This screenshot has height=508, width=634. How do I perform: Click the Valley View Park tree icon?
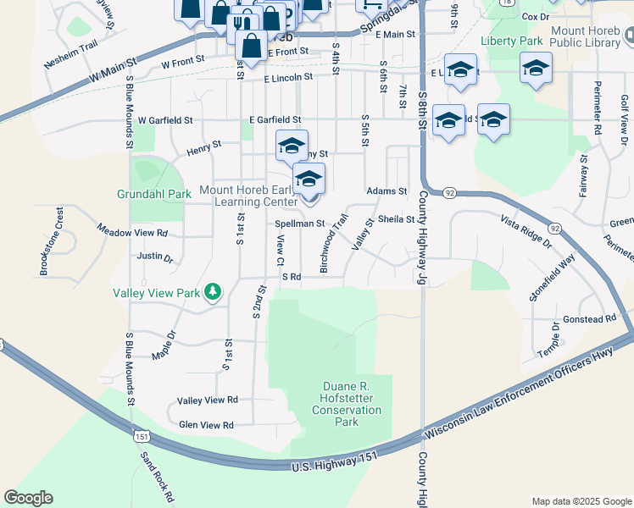click(x=212, y=293)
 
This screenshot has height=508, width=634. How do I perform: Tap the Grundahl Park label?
click(x=142, y=194)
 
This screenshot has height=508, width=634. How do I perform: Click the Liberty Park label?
click(x=510, y=41)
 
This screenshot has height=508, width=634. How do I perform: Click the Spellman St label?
click(x=300, y=224)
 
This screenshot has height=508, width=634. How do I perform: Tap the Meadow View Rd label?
click(x=132, y=231)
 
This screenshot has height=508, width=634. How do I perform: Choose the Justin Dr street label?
click(x=154, y=256)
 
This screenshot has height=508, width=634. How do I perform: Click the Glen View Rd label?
click(x=205, y=425)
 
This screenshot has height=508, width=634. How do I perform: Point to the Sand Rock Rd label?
click(x=157, y=476)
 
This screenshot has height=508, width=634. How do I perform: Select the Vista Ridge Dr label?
click(x=526, y=231)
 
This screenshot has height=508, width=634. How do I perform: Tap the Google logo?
click(x=28, y=498)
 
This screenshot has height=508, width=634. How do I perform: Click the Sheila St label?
click(x=396, y=218)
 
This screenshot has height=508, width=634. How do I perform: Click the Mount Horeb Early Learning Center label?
click(x=247, y=196)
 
